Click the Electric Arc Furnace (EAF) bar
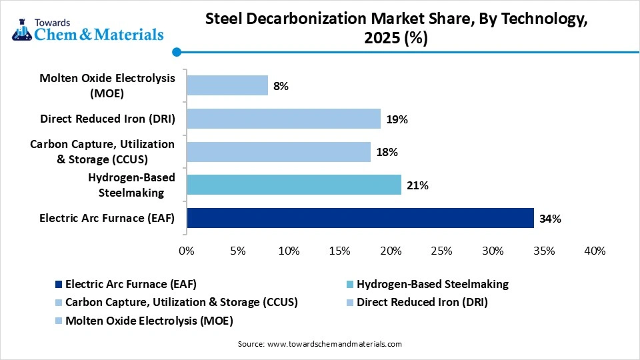tap(360, 218)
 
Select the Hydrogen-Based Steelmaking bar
tap(294, 185)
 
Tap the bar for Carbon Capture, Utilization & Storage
tap(279, 152)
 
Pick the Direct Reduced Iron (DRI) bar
tap(283, 119)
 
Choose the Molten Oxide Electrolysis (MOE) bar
tap(227, 86)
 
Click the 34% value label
tap(551, 218)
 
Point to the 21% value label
tap(417, 185)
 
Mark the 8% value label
tap(281, 86)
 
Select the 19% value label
tap(397, 119)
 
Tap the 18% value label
tap(387, 152)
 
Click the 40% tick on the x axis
tap(594, 251)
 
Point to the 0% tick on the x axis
tap(187, 251)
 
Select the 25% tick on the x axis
tap(441, 251)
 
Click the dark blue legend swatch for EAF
tap(59, 285)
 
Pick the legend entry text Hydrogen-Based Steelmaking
tap(433, 284)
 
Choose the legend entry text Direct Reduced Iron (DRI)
tap(422, 302)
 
